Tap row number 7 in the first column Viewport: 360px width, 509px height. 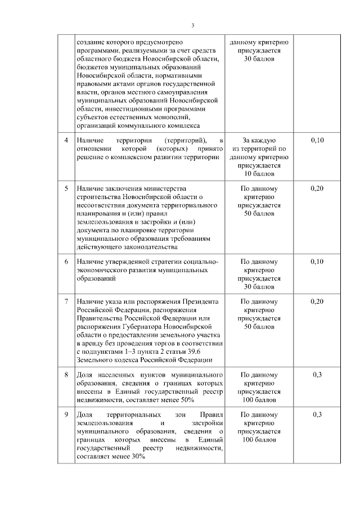coord(66,301)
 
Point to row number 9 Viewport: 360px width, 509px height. coord(66,415)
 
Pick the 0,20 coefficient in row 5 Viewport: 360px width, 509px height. coord(317,188)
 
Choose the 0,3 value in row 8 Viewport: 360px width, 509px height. coord(317,375)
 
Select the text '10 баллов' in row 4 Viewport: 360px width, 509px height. coord(259,174)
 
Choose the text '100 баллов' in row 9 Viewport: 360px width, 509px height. coord(259,440)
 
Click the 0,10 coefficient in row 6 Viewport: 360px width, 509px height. coord(317,262)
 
